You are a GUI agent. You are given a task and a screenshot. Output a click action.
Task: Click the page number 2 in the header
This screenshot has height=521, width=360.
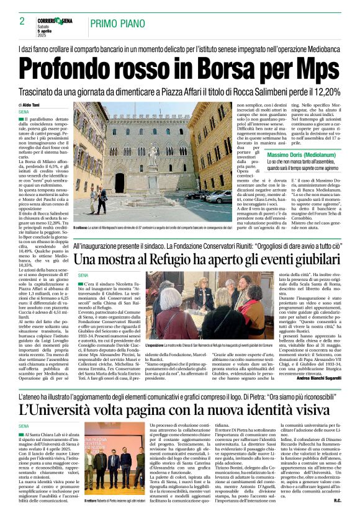coord(22,20)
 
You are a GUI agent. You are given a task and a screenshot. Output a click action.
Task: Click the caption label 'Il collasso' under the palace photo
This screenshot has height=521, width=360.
coord(81,228)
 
